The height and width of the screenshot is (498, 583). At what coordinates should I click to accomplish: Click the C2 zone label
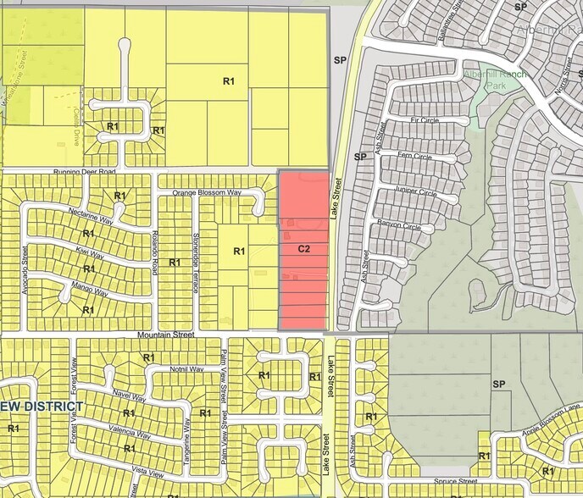point(303,249)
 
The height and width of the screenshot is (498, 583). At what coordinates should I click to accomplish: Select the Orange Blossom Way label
point(207,193)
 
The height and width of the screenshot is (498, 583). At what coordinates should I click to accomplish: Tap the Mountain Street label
point(166,336)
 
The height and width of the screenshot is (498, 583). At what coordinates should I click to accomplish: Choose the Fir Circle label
point(425,121)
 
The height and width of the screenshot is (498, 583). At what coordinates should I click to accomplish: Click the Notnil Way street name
point(186,369)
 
